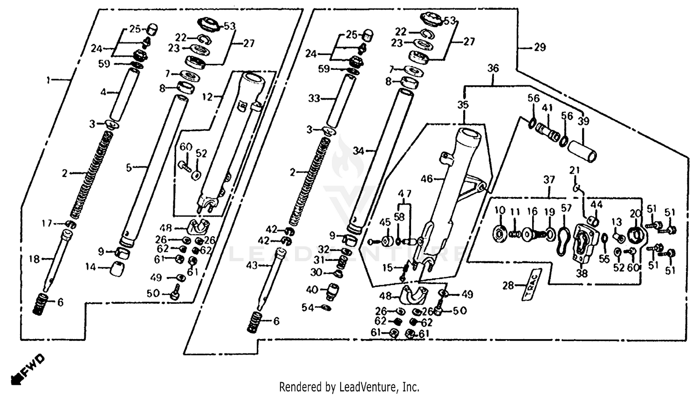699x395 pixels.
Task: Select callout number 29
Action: tap(540, 48)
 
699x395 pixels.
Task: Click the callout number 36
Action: tap(493, 68)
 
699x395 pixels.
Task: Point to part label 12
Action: tap(207, 97)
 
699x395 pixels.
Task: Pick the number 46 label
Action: tap(427, 178)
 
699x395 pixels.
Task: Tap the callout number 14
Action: tap(90, 267)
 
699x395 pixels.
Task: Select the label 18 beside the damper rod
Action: tap(34, 259)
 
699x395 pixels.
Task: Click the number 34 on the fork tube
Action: tap(358, 151)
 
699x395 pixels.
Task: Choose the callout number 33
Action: tap(314, 99)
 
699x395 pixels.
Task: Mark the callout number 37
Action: tap(549, 180)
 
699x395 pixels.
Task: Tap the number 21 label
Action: tap(574, 170)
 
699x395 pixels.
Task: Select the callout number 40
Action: tap(312, 290)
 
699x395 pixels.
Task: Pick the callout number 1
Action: tap(48, 81)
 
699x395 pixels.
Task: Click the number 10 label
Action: tap(500, 211)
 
